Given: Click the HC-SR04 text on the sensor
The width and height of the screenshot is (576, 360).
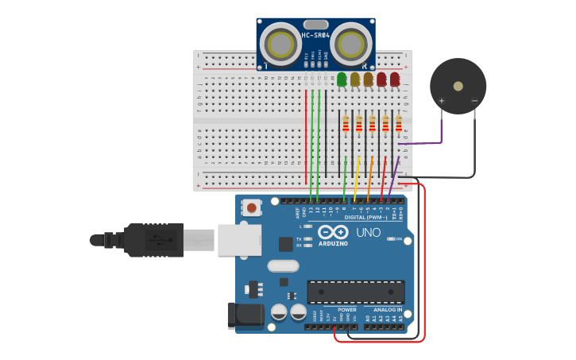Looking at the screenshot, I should (x=315, y=36).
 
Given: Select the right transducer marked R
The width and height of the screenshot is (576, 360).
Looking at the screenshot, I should (x=351, y=43).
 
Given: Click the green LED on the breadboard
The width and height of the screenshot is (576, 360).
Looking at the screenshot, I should (x=342, y=79).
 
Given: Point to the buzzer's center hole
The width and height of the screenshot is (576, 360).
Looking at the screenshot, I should (x=458, y=86).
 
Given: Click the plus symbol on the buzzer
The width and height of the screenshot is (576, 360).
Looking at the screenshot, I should (x=442, y=101).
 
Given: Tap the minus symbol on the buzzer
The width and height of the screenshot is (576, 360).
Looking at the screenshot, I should (x=474, y=101).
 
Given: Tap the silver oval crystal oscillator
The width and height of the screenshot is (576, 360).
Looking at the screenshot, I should (x=283, y=266).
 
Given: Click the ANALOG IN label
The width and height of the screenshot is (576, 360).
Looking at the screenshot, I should (x=383, y=309).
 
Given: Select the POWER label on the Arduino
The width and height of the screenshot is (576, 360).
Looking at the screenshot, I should (x=346, y=309).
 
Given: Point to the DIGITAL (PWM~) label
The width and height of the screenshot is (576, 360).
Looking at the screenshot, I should (x=365, y=217).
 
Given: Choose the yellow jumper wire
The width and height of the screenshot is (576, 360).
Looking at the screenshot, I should (x=357, y=176).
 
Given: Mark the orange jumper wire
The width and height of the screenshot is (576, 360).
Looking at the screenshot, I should (x=370, y=176).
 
